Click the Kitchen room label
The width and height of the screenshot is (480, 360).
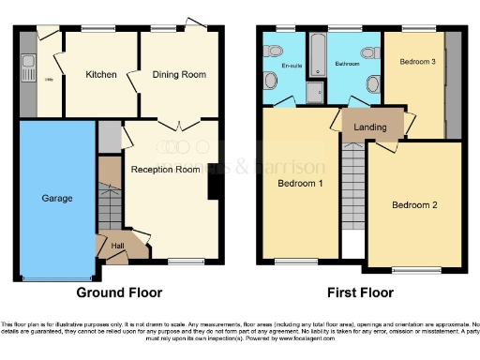(x=100, y=74)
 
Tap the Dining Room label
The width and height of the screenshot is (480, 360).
(x=179, y=74)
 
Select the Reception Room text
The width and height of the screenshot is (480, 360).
(x=165, y=170)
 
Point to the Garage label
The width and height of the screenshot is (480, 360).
(x=56, y=199)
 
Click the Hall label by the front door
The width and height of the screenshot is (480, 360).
(x=118, y=247)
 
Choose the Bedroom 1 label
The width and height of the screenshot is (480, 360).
(x=301, y=184)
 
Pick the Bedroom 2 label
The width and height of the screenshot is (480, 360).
(x=413, y=205)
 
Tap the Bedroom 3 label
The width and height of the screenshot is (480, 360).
(x=417, y=62)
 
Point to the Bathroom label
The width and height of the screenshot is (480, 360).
(x=347, y=65)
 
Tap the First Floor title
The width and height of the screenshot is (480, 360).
(x=360, y=292)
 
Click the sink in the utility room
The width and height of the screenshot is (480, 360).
(x=30, y=67)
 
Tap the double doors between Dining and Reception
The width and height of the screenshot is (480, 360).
(x=177, y=123)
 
